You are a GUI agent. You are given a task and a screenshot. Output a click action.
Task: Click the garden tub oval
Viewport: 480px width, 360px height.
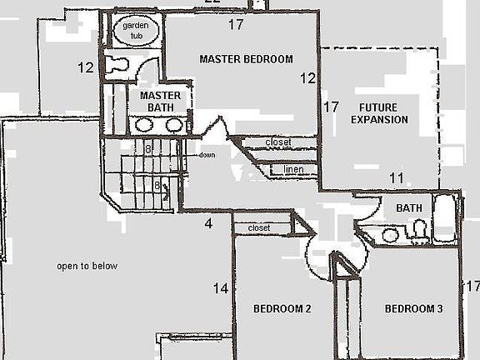(135, 31)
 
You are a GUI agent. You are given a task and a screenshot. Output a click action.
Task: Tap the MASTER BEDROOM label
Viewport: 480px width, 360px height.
(246, 59)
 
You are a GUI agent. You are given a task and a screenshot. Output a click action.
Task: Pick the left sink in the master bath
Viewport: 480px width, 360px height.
(144, 125)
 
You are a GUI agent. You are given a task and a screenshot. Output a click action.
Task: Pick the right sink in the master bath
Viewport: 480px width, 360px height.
(173, 125)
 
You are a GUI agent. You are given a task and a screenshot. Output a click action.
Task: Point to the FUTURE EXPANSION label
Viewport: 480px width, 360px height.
(379, 114)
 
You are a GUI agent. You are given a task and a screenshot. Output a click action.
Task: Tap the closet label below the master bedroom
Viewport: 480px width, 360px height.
(278, 142)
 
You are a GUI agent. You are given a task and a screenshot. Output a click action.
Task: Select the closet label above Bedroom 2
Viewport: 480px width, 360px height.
(259, 227)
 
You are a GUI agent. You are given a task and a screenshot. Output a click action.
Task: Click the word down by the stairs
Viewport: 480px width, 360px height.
(207, 155)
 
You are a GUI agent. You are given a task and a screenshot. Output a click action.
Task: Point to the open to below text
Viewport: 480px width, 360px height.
(87, 267)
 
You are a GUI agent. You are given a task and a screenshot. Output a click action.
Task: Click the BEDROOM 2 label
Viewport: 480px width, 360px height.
(282, 309)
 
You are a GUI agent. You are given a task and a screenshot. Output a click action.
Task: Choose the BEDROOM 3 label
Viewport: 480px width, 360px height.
(413, 309)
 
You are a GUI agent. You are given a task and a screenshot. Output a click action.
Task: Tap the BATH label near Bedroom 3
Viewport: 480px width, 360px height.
(408, 208)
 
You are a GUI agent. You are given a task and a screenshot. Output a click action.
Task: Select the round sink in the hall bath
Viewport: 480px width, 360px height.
(390, 236)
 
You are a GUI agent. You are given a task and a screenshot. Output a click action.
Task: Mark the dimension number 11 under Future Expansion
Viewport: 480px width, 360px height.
(397, 178)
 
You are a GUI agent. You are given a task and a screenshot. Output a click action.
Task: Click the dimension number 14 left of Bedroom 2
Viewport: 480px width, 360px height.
(220, 289)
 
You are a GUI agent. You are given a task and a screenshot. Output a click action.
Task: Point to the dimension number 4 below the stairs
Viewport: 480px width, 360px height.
(209, 223)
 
